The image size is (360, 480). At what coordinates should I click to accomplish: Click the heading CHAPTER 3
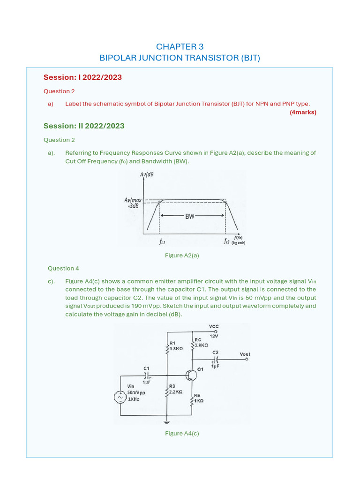coord(180,46)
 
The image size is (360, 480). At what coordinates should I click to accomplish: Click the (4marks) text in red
coord(303,112)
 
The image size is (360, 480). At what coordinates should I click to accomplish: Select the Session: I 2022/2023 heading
coord(82,77)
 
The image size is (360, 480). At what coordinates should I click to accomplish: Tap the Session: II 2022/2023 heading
coord(84,126)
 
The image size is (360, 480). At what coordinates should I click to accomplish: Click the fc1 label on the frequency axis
coord(162,242)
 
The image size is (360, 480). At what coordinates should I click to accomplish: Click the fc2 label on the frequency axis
coord(227,242)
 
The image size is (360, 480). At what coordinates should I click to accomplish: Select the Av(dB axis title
coord(147,175)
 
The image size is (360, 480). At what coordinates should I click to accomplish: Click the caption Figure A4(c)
coord(182,434)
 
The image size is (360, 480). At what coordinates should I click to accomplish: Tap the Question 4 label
coord(63,269)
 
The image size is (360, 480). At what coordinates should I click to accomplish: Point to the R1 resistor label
coord(172,343)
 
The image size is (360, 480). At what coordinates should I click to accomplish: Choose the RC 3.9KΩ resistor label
coord(201,342)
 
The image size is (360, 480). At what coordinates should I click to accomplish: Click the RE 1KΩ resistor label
coord(198,398)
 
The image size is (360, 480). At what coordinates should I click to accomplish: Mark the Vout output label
coord(245,354)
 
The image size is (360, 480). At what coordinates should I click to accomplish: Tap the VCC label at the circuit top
coord(214,326)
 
